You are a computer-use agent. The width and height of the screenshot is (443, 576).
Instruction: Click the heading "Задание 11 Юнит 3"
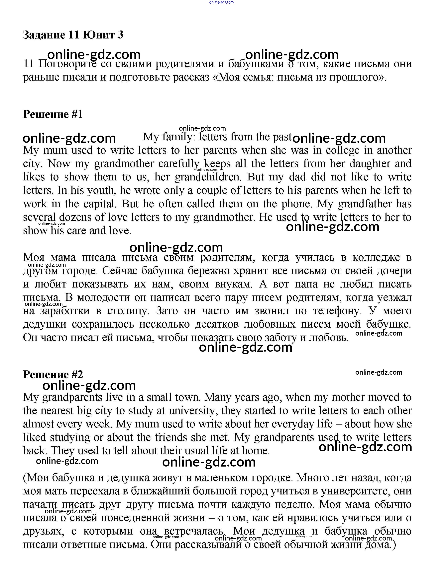[x=73, y=35]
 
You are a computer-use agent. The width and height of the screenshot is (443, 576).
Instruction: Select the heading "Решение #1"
[x=53, y=114]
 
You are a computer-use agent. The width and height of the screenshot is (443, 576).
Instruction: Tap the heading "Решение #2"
[x=53, y=374]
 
